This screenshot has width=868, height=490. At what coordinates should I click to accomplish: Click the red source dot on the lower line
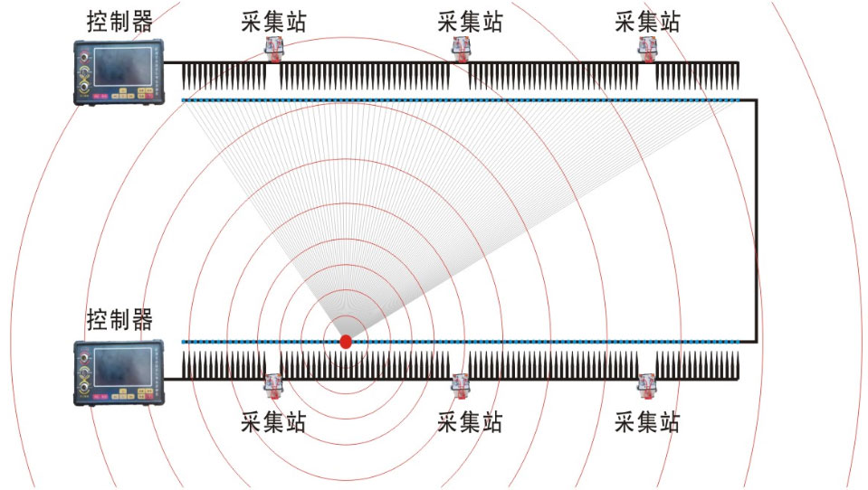pos(346,342)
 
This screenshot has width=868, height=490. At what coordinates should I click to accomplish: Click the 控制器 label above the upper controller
pos(119,22)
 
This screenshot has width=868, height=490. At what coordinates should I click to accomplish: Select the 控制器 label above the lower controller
pos(119,320)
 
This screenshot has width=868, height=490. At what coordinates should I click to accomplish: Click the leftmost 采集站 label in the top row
pos(273,22)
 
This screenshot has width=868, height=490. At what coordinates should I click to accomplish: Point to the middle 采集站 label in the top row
pos(470,22)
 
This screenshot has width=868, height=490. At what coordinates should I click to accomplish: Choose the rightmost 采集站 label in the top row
pos(647,22)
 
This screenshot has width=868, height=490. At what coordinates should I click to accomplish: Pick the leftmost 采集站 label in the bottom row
pos(273,422)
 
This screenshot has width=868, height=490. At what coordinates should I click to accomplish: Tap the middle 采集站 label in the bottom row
pos(470,422)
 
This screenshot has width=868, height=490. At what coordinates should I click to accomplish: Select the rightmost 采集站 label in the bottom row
pos(647,422)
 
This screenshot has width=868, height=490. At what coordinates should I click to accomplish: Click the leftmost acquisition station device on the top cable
pos(273,49)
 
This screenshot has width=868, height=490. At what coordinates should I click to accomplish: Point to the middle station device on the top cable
pos(461,49)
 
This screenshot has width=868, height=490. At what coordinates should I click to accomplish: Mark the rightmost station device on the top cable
pos(647,49)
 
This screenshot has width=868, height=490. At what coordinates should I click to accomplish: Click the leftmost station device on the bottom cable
pos(273,386)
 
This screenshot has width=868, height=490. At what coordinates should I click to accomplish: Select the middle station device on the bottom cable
pos(461,386)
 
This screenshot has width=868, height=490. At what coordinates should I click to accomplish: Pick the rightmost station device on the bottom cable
pos(647,386)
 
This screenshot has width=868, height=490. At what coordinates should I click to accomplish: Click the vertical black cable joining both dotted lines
pos(756,221)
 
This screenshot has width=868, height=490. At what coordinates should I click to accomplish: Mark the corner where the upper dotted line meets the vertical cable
pos(756,100)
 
